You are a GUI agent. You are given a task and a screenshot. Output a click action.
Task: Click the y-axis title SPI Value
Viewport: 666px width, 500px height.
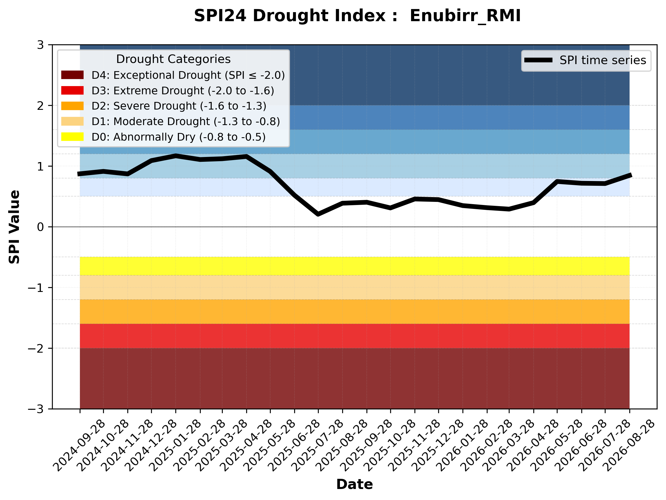(14, 227)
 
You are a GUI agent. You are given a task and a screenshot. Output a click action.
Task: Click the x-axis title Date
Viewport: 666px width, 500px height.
(355, 484)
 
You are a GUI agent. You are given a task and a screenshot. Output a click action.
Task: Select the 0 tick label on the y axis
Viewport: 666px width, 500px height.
(40, 227)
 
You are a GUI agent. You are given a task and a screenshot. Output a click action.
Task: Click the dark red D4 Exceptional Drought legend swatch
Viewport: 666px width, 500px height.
(72, 75)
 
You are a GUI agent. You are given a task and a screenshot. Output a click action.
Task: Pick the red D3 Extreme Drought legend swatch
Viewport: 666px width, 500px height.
(72, 90)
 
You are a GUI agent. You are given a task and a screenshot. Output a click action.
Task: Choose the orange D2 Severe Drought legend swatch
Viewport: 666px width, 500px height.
(72, 106)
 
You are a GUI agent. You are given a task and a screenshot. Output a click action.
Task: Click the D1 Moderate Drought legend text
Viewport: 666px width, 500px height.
(186, 122)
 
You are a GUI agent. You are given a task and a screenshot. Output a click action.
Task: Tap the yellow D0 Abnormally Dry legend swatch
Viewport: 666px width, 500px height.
(72, 137)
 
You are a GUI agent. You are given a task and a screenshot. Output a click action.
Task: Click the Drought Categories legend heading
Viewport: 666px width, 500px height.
(173, 59)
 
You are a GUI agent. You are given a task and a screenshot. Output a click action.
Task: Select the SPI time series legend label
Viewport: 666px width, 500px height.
(603, 60)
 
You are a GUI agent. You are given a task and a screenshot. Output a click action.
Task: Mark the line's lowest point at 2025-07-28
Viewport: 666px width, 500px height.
(318, 214)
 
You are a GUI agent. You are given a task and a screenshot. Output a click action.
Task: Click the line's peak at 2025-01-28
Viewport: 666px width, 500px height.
(176, 156)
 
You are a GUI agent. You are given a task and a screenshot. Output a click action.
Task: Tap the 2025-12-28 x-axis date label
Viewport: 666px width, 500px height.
(438, 446)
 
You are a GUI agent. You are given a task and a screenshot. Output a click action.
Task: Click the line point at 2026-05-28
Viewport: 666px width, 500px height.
(557, 182)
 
